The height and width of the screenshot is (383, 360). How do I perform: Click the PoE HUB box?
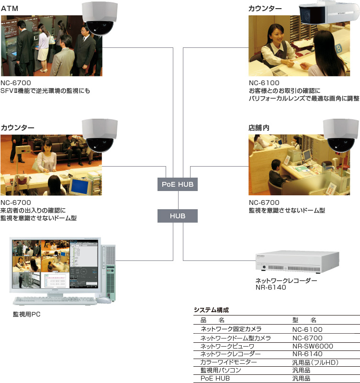(178, 184)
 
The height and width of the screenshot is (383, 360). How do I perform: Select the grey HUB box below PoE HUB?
(178, 216)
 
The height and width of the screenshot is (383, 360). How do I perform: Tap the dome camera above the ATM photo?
(100, 19)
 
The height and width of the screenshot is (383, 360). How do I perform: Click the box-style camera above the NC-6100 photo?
(328, 14)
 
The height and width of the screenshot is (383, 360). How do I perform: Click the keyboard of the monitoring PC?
(54, 301)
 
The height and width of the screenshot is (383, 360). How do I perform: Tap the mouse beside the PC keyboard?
(103, 300)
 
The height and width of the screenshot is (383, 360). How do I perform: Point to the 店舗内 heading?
(259, 128)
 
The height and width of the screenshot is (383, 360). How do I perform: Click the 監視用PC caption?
(27, 315)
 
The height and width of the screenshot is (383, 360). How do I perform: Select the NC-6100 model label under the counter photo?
(264, 83)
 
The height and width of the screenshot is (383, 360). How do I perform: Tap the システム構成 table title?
(211, 310)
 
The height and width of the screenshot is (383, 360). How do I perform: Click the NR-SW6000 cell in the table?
(312, 346)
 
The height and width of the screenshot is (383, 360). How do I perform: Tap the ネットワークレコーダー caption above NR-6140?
(286, 281)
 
